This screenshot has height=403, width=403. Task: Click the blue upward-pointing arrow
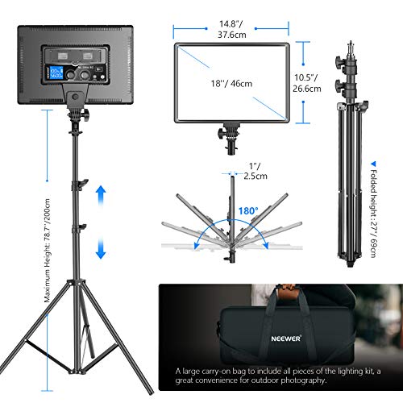click(100, 194)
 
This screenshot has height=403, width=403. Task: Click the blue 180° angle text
click(247, 212)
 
